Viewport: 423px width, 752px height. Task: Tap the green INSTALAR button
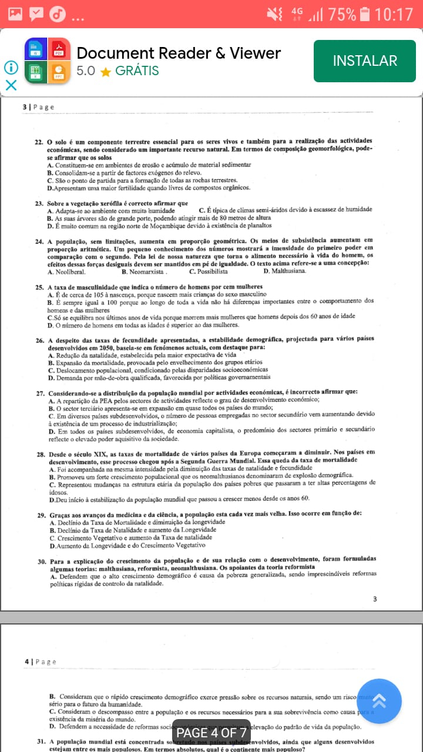coord(364,61)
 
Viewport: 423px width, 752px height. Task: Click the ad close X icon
coord(11,85)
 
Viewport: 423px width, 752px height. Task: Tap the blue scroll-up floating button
coord(379,701)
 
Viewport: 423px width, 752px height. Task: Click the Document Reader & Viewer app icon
coord(48,61)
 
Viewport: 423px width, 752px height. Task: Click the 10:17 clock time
coord(394,14)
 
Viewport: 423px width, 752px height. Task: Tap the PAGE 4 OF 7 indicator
coord(211,733)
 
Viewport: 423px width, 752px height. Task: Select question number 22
coord(39,142)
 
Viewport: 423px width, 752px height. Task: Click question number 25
coord(39,287)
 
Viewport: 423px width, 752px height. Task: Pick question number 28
coord(40,453)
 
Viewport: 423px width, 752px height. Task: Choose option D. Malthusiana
coord(284,271)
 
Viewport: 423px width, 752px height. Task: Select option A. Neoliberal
coord(66,271)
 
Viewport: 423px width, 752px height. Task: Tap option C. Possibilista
coord(208,271)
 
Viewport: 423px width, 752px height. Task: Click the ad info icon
coord(11,68)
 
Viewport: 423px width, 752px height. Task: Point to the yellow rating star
coord(106,72)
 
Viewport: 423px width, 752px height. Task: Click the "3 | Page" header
coord(38,107)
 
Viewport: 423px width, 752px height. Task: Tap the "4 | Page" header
coord(41,662)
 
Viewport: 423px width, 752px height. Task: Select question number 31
coord(41,741)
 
